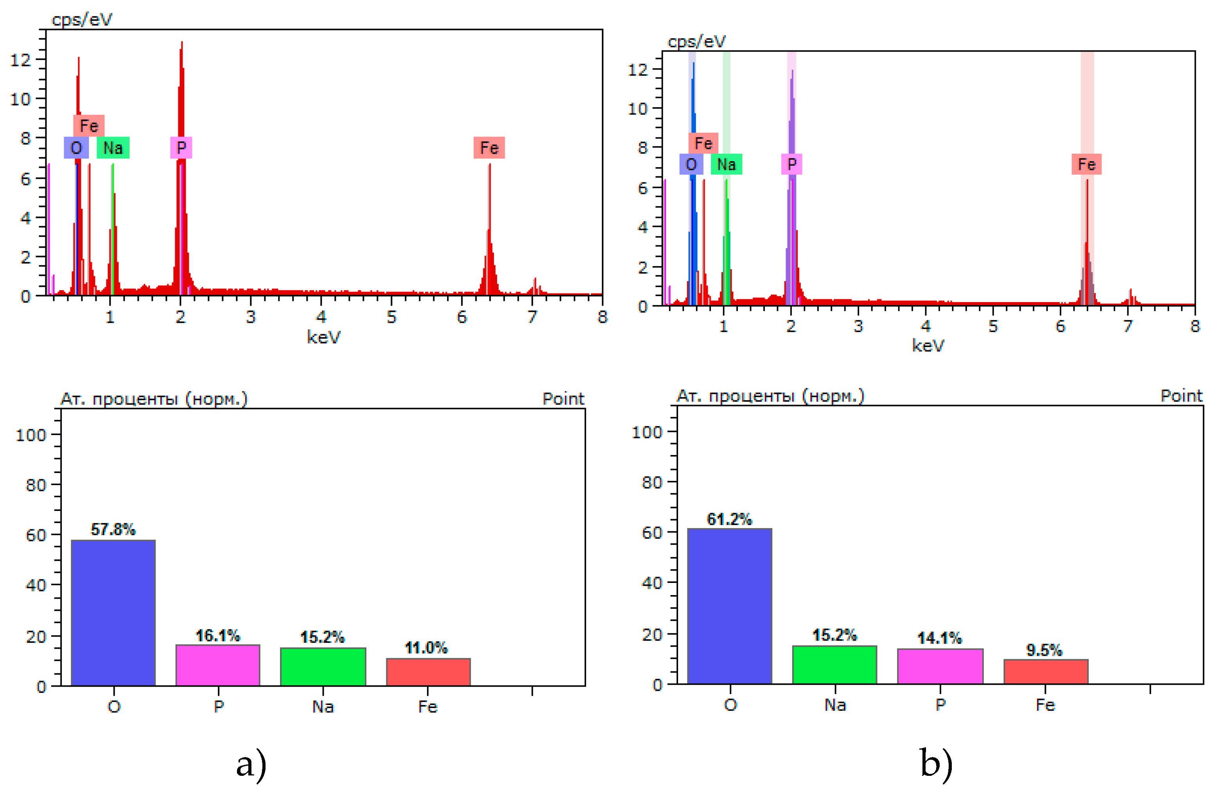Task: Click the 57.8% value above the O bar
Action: point(113,529)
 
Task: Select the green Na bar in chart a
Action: point(323,667)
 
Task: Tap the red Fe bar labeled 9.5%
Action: point(1046,671)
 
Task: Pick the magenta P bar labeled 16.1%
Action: point(218,665)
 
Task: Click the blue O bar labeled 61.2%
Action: point(730,606)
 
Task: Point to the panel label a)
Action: point(251,764)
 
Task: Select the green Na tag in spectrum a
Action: point(113,148)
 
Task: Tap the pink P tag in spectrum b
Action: point(792,164)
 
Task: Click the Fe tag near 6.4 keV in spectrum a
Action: point(489,148)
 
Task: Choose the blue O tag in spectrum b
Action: point(691,164)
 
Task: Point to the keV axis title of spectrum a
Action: point(323,337)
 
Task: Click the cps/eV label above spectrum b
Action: point(696,41)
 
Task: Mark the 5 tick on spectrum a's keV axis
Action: point(392,317)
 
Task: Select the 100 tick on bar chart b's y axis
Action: point(646,432)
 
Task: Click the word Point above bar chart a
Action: point(563,399)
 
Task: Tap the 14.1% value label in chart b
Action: point(939,639)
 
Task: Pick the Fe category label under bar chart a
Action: point(428,707)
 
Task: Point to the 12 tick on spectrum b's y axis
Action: point(638,69)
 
